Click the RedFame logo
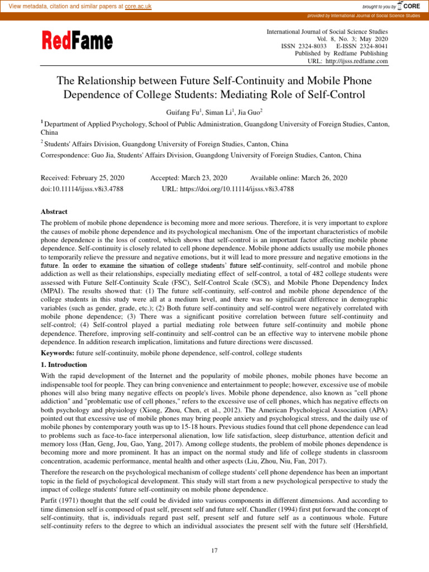point(77,41)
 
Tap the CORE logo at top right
point(411,6)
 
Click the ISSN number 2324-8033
point(311,46)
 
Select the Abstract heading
point(54,212)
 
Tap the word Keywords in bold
point(58,353)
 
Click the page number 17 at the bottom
point(214,551)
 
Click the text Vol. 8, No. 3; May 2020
point(352,39)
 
